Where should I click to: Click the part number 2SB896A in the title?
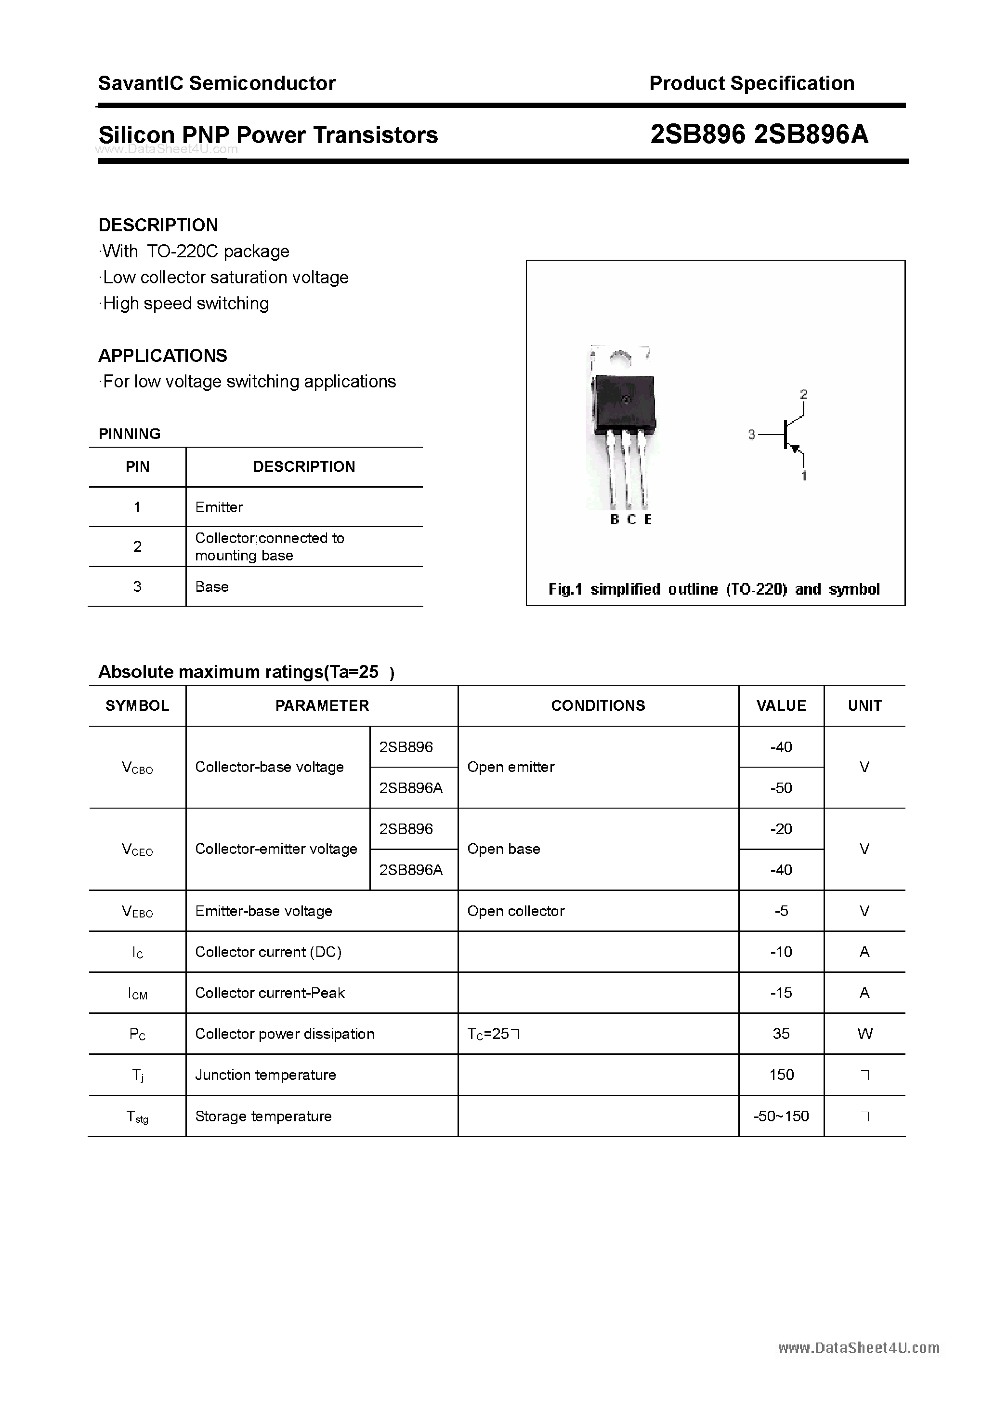[811, 134]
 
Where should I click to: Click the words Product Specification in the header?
[751, 83]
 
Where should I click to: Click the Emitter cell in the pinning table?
[219, 507]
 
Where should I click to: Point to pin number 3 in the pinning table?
[137, 586]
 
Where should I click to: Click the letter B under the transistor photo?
[615, 519]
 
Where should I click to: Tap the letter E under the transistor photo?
[648, 519]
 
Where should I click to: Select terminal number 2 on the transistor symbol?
[804, 394]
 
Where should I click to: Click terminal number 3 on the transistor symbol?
[751, 435]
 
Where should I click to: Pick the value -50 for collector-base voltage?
[781, 787]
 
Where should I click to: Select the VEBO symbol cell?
[137, 911]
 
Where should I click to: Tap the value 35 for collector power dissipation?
[781, 1034]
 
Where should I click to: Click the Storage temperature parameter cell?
[263, 1117]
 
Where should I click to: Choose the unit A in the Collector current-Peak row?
[864, 993]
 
